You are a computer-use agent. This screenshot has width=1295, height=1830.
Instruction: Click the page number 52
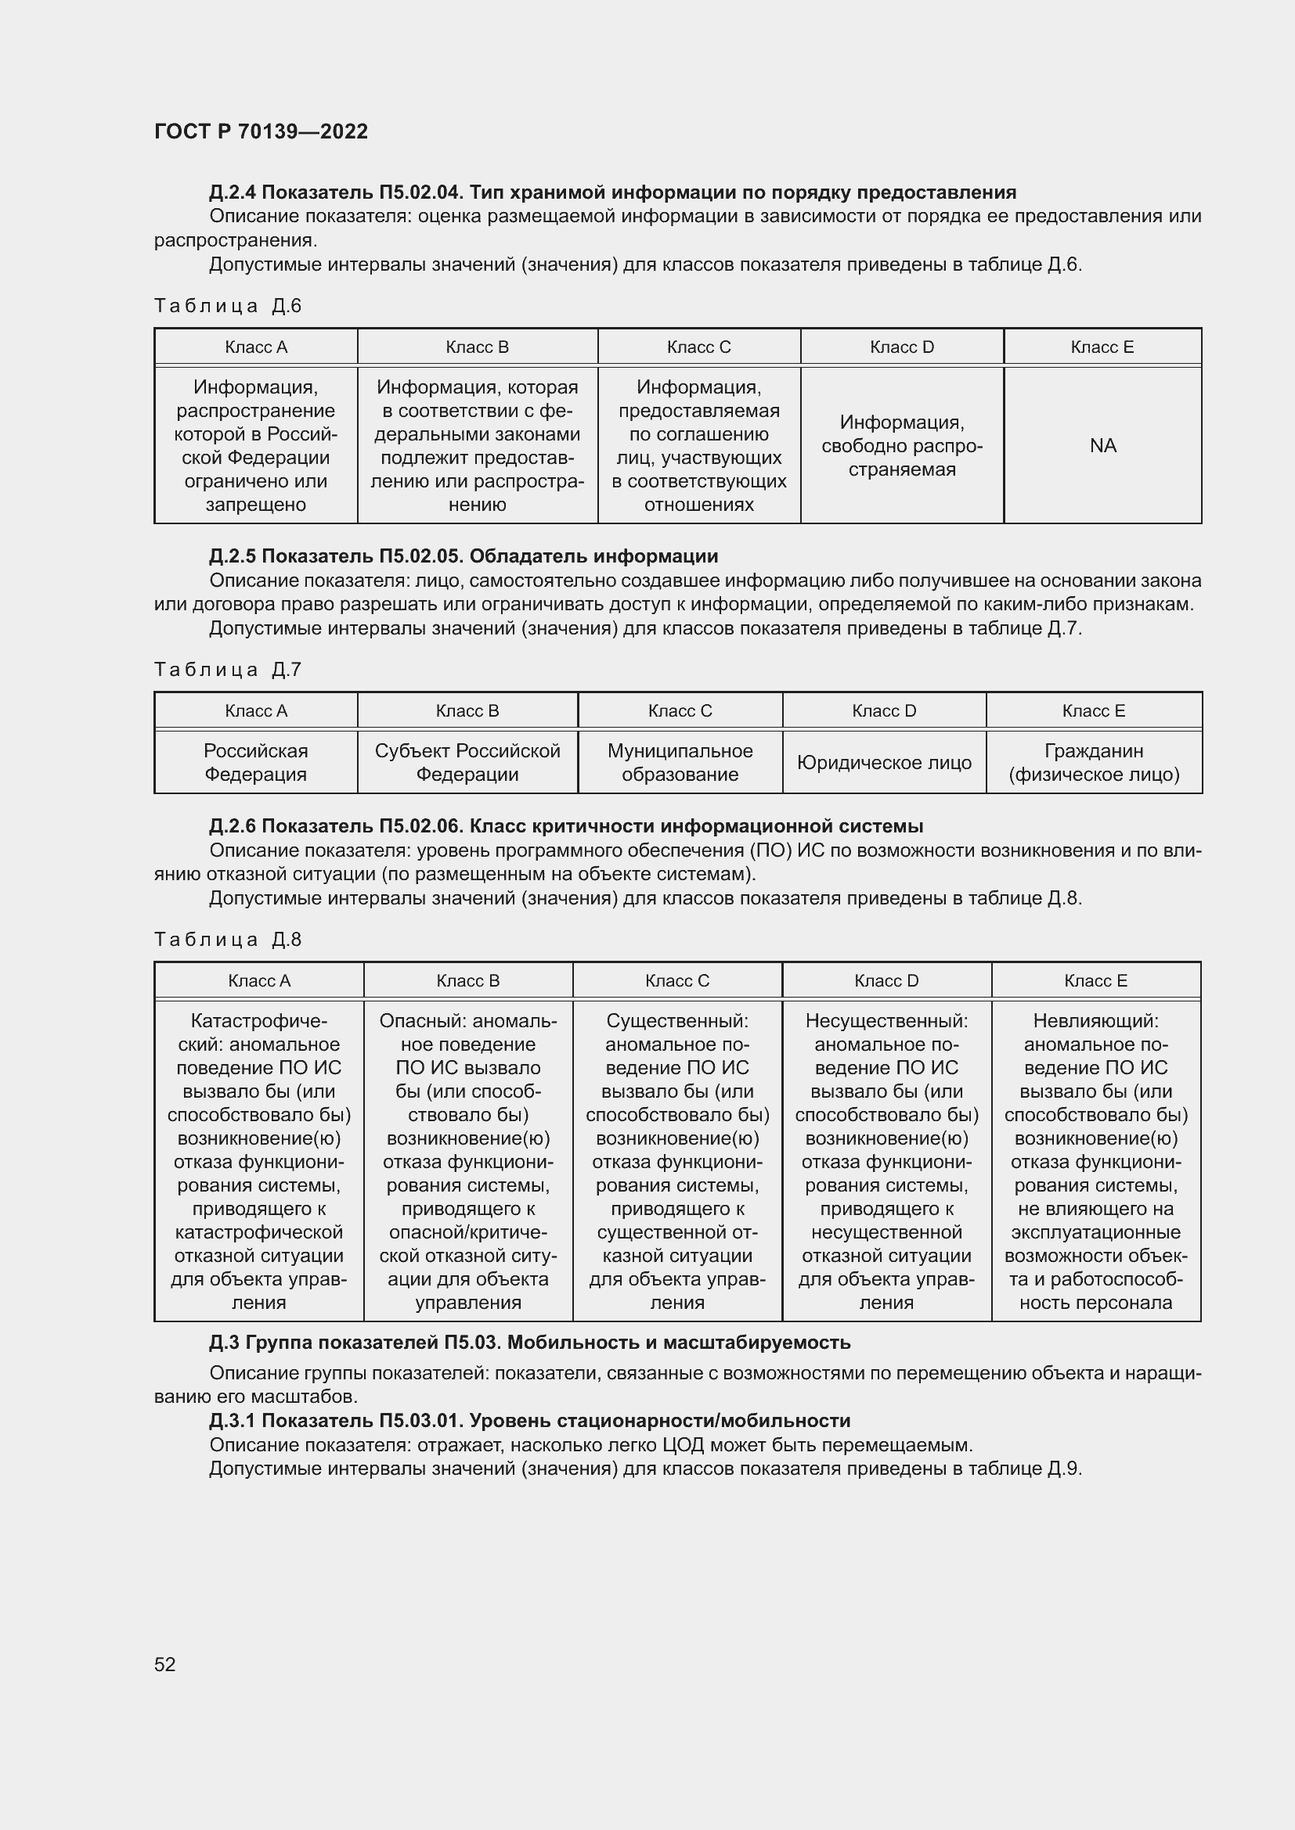point(164,1664)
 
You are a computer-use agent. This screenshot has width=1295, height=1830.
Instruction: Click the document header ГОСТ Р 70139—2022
point(261,131)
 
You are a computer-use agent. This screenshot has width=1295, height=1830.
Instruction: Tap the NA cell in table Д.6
point(1102,445)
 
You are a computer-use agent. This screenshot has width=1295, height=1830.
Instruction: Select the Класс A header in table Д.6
point(256,347)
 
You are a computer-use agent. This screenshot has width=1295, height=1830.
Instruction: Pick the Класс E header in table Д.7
point(1093,710)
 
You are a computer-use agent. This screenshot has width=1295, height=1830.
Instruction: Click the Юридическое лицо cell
point(883,763)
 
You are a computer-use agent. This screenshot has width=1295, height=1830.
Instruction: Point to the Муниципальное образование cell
point(680,763)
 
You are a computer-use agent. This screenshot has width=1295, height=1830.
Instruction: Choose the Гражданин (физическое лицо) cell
point(1093,763)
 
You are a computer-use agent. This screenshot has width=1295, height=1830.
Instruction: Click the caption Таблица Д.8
point(227,939)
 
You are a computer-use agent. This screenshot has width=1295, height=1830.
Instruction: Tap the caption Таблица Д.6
point(227,306)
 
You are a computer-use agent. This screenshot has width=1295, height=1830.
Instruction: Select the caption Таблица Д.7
point(227,670)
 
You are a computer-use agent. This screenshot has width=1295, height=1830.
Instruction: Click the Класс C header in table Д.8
point(677,980)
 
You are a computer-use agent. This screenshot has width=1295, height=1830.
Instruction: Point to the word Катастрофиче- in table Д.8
point(259,1021)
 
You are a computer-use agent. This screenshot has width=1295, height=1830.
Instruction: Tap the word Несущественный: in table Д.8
point(886,1021)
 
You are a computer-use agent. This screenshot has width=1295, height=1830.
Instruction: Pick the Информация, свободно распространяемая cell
point(901,445)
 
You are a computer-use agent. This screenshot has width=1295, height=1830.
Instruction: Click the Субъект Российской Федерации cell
point(467,763)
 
